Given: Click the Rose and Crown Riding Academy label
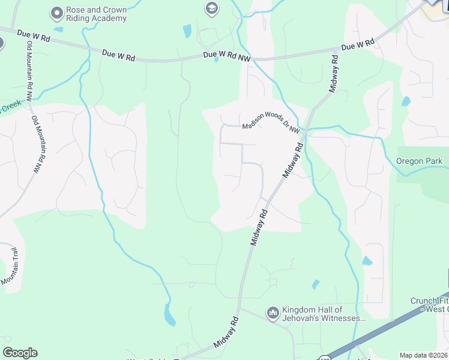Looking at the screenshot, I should (x=97, y=14).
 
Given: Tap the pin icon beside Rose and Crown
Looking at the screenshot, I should (x=57, y=12).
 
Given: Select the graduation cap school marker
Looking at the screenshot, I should (x=211, y=8).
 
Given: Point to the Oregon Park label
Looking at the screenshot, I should (x=419, y=161).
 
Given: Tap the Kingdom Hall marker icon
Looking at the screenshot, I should (x=273, y=313).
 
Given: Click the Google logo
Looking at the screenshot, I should (x=20, y=353).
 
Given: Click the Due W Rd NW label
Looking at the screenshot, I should (x=227, y=55).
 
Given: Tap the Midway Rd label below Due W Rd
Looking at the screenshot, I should (x=334, y=74).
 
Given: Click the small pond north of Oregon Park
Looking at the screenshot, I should (x=406, y=101).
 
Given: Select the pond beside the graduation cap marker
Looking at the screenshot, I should (x=187, y=31).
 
